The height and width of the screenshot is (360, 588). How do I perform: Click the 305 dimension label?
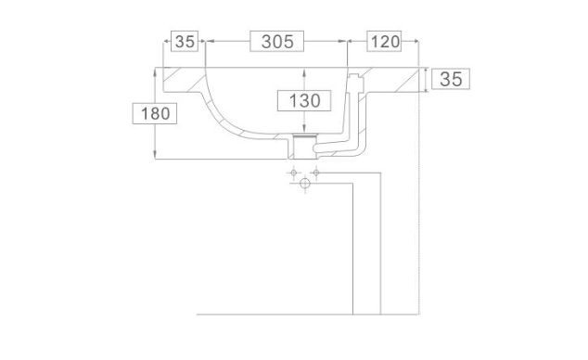(x=277, y=41)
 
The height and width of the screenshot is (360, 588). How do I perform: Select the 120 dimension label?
(x=384, y=41)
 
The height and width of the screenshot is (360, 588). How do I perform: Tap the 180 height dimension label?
(x=155, y=113)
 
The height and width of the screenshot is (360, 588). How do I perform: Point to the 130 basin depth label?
(x=304, y=100)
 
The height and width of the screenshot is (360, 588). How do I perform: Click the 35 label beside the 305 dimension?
(x=185, y=41)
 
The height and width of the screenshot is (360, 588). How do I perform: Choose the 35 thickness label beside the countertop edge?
(x=451, y=79)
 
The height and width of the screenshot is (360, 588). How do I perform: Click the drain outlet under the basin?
(x=303, y=147)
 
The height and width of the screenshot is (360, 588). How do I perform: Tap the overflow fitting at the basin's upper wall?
(x=356, y=84)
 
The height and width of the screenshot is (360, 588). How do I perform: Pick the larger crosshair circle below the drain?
(x=305, y=184)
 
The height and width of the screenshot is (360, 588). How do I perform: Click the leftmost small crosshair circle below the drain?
(x=294, y=173)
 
